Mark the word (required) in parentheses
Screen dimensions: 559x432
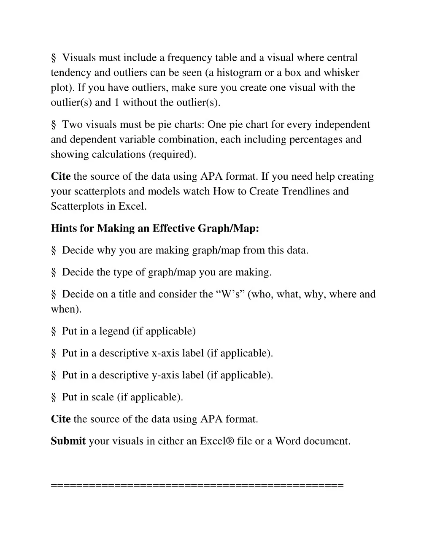(x=172, y=154)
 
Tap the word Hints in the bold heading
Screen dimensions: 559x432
(x=63, y=228)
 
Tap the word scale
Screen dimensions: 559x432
(x=103, y=397)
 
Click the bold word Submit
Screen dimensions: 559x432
(x=68, y=441)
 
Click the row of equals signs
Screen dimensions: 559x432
(x=197, y=486)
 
